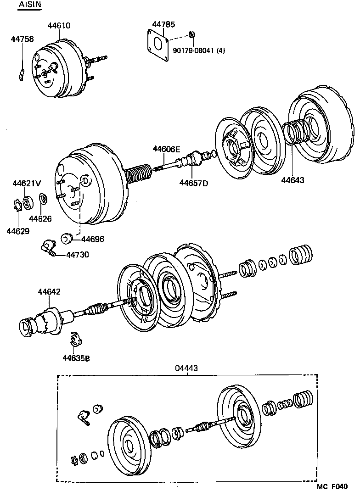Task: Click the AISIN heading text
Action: (29, 5)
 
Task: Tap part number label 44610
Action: (59, 26)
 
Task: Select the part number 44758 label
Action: (22, 39)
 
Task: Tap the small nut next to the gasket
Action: (193, 34)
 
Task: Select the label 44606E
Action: (167, 149)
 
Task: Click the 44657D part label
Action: (193, 184)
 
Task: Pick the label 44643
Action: (293, 180)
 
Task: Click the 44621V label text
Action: (24, 184)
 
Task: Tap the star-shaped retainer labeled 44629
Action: (17, 205)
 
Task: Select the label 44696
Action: (93, 239)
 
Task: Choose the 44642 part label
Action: (49, 292)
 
